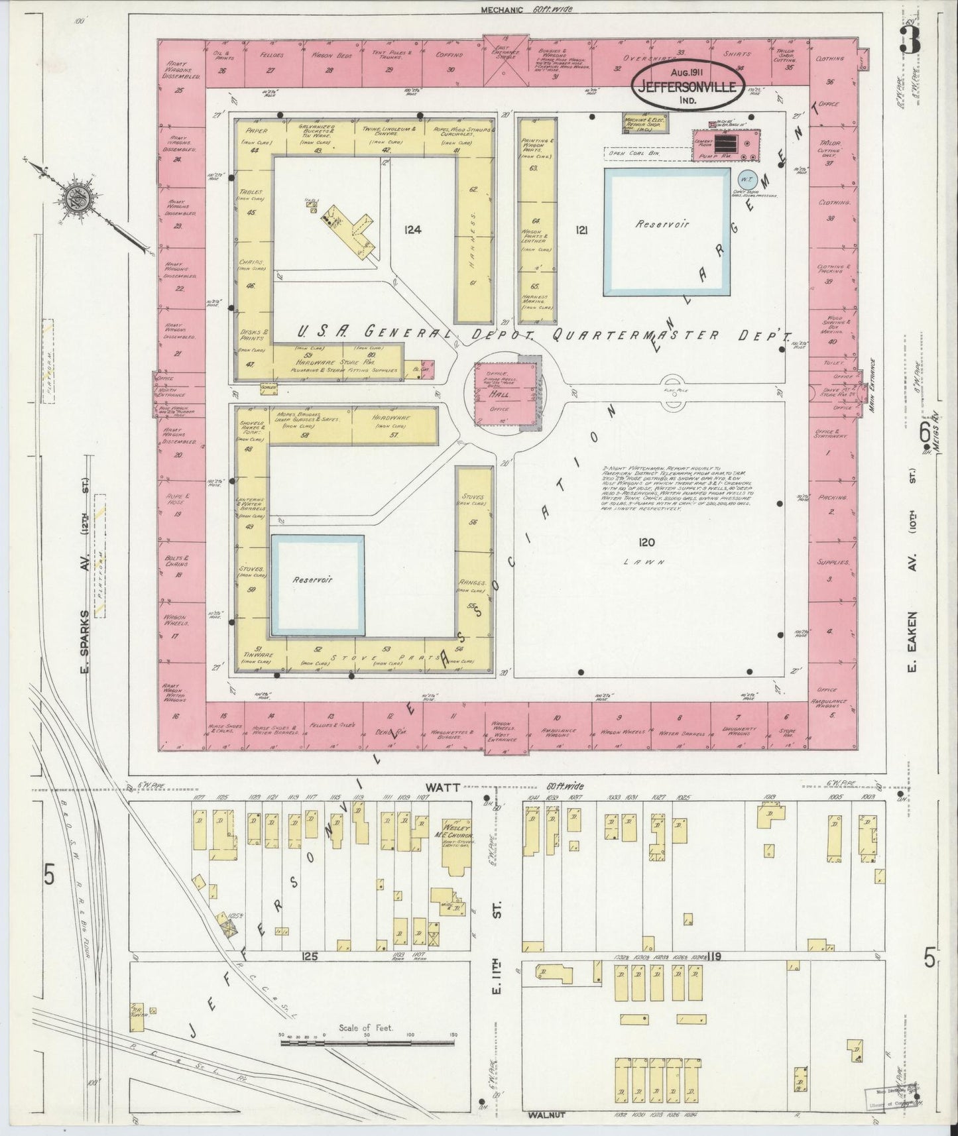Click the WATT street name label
pyautogui.click(x=436, y=786)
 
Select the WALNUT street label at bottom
pyautogui.click(x=547, y=1115)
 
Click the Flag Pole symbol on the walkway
pyautogui.click(x=672, y=382)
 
